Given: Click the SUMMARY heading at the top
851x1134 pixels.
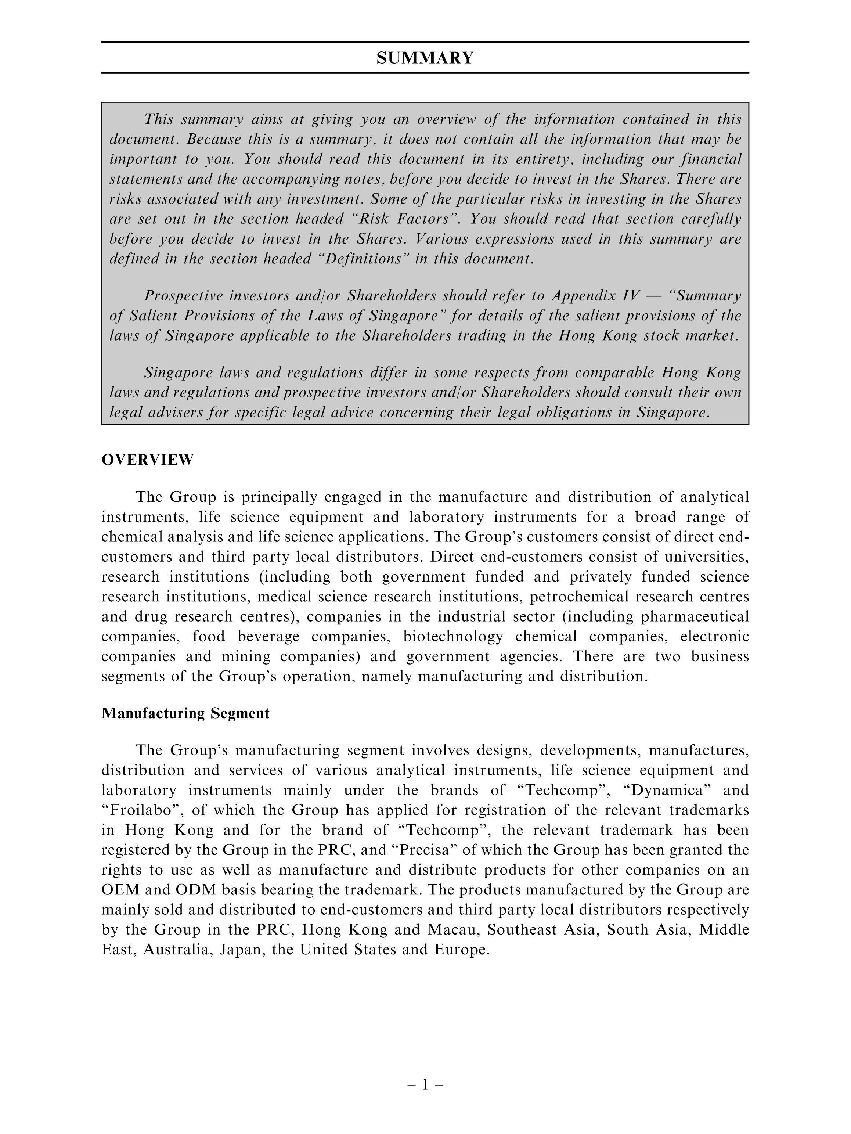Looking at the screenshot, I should pyautogui.click(x=425, y=58).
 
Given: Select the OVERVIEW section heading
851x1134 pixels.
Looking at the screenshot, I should pyautogui.click(x=148, y=460).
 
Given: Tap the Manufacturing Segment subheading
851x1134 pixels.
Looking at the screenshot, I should pyautogui.click(x=185, y=713).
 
